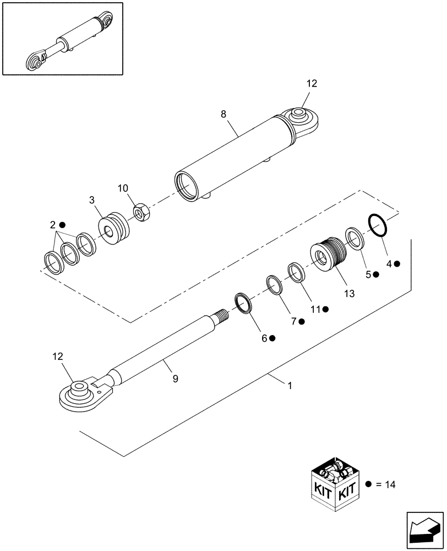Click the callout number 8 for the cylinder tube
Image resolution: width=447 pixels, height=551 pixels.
tap(223, 114)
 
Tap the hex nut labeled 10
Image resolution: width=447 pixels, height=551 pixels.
tap(141, 211)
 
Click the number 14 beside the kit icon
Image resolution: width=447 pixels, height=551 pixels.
tap(390, 485)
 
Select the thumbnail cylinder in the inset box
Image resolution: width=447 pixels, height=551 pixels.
tap(72, 42)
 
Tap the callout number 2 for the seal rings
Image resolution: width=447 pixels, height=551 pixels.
tap(53, 225)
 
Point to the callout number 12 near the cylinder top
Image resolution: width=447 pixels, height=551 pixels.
tap(312, 84)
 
